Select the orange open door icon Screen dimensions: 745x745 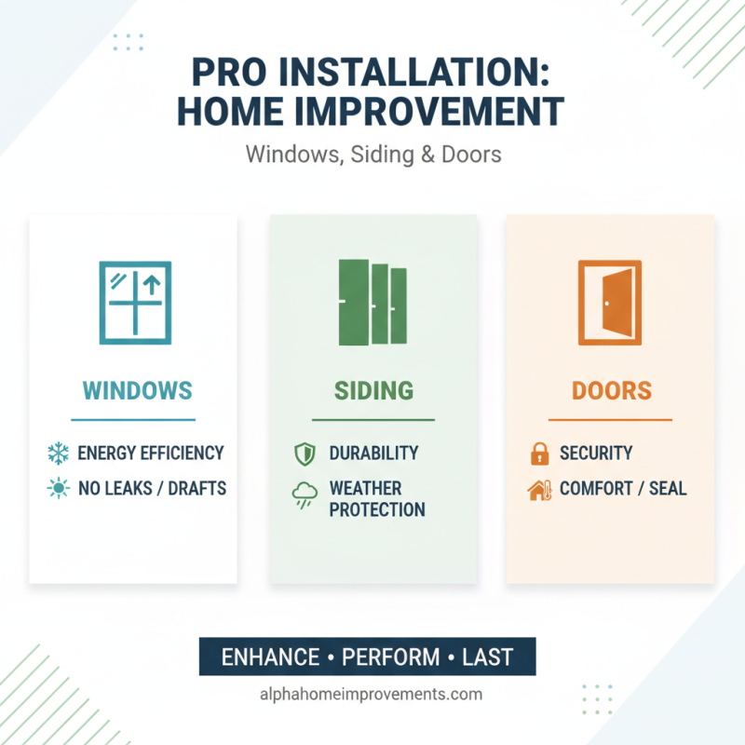(610, 301)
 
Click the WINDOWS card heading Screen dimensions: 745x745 (137, 390)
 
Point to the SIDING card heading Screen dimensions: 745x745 (373, 390)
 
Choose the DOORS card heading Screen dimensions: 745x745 (612, 390)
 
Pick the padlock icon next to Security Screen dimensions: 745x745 (538, 454)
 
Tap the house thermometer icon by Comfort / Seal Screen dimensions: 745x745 (539, 489)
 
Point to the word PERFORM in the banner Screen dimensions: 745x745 (389, 657)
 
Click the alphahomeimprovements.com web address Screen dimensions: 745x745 (372, 694)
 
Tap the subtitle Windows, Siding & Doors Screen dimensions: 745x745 (372, 153)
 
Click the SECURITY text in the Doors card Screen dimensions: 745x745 (596, 454)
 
